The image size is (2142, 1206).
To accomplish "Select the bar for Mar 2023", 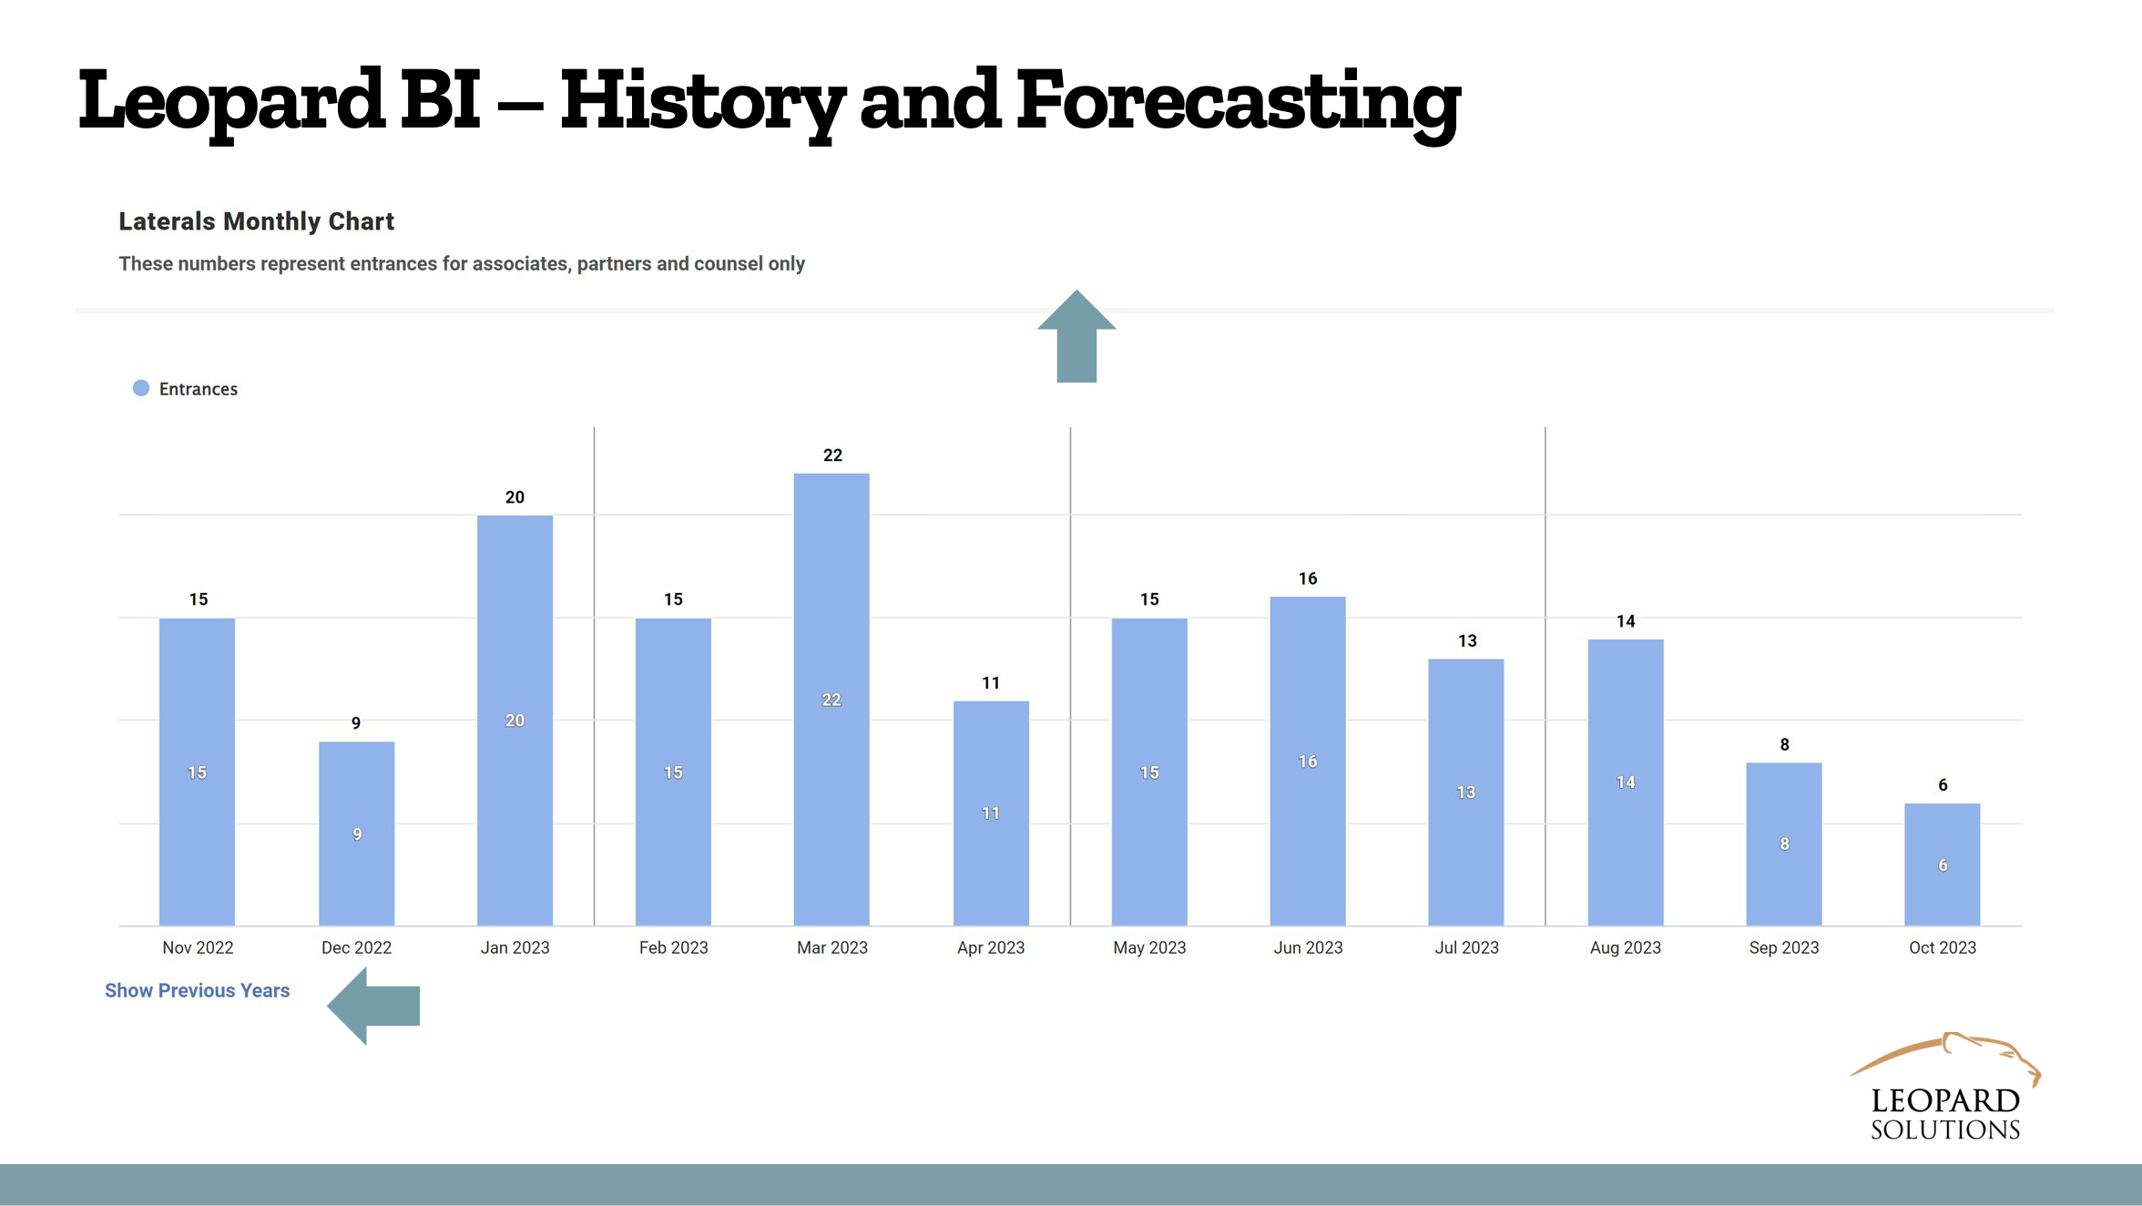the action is (x=831, y=700).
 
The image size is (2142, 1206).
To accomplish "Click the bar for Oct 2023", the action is (x=1942, y=864).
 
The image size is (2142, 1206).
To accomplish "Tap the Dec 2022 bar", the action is (x=356, y=833).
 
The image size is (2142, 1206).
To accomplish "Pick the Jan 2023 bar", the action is (x=515, y=721).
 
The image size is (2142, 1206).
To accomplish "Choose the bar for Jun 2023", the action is (x=1308, y=761).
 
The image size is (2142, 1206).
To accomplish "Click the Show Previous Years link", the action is (x=197, y=990).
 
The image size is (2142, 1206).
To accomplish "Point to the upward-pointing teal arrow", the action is (x=1076, y=336).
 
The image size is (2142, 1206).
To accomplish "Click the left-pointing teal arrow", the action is (x=373, y=1006).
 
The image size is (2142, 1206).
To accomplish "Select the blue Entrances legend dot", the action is (x=141, y=388).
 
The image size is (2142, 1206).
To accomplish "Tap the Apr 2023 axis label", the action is (x=991, y=947).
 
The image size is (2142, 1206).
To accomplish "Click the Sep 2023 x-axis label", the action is (x=1784, y=947).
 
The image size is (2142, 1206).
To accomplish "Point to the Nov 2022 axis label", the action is (x=198, y=947).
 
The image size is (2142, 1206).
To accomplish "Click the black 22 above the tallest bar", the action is (x=832, y=455).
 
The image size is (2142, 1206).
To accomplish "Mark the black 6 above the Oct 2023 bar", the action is (x=1943, y=785).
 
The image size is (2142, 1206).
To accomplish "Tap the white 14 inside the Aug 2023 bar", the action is (x=1626, y=782).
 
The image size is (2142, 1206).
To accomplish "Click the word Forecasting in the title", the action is (x=1239, y=103).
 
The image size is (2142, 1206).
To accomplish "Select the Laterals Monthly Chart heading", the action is (x=256, y=221).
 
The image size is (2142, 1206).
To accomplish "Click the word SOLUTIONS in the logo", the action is (x=1945, y=1129).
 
